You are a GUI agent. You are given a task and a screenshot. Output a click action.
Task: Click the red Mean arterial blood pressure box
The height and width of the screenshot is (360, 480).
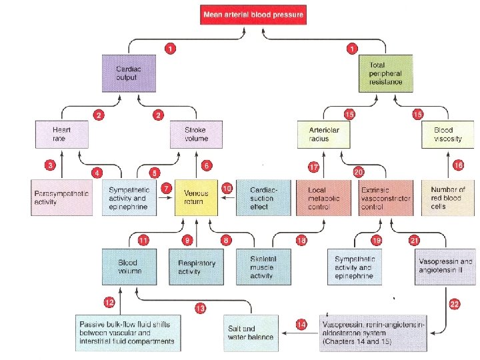253,15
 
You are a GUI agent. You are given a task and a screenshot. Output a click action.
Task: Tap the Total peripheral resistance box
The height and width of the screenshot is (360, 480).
385,73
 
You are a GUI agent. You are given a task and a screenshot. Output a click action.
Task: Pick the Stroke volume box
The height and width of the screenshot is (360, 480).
197,134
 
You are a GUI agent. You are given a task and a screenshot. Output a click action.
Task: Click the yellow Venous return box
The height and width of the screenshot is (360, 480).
196,197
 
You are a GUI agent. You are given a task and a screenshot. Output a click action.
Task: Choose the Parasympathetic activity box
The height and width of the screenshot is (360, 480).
61,197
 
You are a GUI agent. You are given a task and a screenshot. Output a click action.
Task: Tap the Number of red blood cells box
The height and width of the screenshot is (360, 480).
448,197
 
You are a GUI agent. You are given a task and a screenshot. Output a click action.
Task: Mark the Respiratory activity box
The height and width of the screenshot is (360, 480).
196,267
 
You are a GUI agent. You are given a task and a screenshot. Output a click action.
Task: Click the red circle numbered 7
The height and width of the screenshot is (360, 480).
165,189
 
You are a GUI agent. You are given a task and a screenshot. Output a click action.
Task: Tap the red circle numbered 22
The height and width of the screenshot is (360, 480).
455,304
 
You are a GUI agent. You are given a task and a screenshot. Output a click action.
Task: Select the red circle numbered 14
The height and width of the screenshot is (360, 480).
301,324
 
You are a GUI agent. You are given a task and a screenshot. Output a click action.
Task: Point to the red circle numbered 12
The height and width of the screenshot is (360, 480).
109,302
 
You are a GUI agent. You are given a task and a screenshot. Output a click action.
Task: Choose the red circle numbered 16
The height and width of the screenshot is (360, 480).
457,164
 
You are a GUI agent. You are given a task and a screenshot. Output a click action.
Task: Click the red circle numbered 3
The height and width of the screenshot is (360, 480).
50,164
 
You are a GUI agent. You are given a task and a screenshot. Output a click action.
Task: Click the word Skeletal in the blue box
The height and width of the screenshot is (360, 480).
262,258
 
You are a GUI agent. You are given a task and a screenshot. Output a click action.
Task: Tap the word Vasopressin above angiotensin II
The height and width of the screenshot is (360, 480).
443,261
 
